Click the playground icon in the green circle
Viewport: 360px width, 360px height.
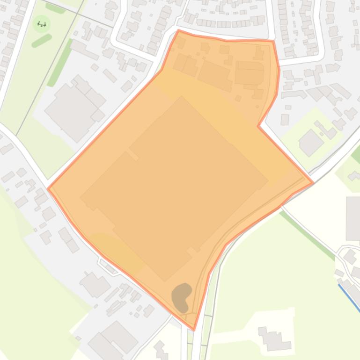point(42,24)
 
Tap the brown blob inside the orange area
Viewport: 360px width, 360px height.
point(182,296)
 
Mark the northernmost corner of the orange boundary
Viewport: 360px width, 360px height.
point(179,31)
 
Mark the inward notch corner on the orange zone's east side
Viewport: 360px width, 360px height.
point(258,126)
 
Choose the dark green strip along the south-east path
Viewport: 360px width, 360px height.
point(307,234)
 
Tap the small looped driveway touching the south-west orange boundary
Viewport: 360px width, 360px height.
point(109,266)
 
